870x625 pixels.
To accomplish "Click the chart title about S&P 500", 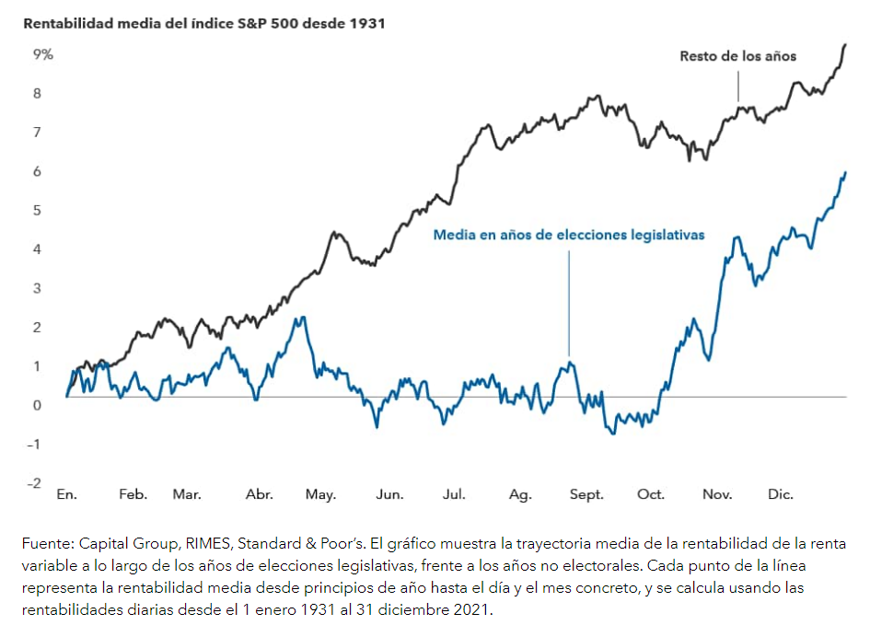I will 203,23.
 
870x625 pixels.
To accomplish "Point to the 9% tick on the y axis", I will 43,54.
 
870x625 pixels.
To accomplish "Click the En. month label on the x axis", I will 66,494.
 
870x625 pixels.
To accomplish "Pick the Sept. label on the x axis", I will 586,494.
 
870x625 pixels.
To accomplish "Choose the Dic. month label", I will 781,494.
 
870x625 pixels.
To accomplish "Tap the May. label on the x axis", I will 320,494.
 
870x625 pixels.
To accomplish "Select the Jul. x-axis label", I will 454,494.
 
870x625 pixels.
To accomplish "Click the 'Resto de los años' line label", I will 737,56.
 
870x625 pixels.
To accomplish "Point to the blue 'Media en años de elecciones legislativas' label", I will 569,235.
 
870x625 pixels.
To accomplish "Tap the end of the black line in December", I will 846,44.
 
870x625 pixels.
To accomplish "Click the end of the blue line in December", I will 846,172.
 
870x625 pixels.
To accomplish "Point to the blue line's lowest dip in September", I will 613,433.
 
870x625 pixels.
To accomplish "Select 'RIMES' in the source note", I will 197,544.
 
